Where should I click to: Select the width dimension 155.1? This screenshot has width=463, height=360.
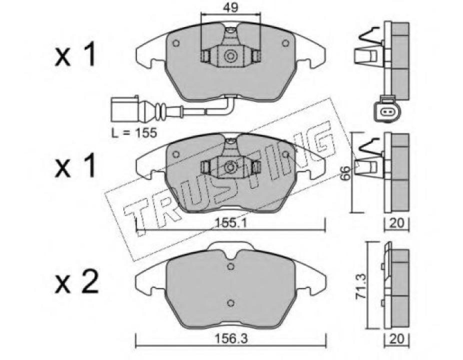230,223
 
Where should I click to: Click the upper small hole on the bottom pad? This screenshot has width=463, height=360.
230,267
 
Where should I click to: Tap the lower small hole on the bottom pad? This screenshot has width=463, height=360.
230,302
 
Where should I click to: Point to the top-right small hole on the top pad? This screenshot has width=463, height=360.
286,43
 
